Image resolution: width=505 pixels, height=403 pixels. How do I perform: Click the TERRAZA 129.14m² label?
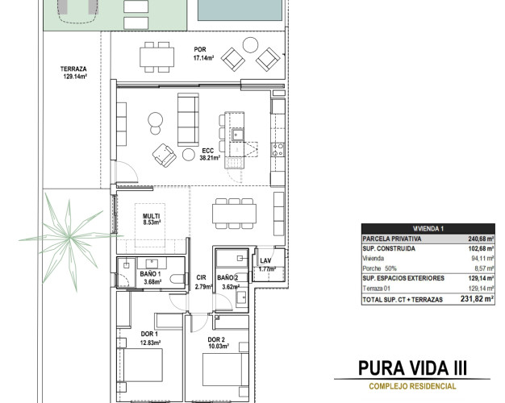[73, 73]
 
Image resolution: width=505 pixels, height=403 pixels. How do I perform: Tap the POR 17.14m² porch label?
[203, 54]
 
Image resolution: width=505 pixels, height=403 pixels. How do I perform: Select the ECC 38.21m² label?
[210, 154]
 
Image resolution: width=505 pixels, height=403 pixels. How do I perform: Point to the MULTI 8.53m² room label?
[152, 219]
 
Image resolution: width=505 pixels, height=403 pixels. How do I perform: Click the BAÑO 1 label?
[150, 274]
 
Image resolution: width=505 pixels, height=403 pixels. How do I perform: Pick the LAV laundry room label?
[265, 260]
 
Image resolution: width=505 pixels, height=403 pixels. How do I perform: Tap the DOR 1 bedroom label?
[149, 334]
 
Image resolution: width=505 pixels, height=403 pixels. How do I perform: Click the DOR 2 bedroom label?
[216, 339]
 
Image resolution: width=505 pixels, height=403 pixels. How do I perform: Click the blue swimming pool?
[240, 10]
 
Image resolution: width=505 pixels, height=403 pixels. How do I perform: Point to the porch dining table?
[157, 57]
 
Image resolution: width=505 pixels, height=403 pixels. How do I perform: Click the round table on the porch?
[250, 45]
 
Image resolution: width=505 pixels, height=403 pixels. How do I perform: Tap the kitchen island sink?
[238, 135]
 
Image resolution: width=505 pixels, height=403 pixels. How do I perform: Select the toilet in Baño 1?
[177, 279]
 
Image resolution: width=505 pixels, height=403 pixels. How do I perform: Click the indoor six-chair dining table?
[235, 214]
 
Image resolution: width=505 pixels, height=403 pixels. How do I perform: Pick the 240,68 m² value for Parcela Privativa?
[481, 239]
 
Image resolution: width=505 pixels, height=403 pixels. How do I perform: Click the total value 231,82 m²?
[477, 299]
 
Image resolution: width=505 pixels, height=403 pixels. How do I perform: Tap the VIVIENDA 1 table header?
[428, 229]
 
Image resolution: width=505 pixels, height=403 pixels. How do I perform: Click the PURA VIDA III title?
[412, 368]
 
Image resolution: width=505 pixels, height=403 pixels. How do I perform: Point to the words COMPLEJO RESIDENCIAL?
[412, 386]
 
